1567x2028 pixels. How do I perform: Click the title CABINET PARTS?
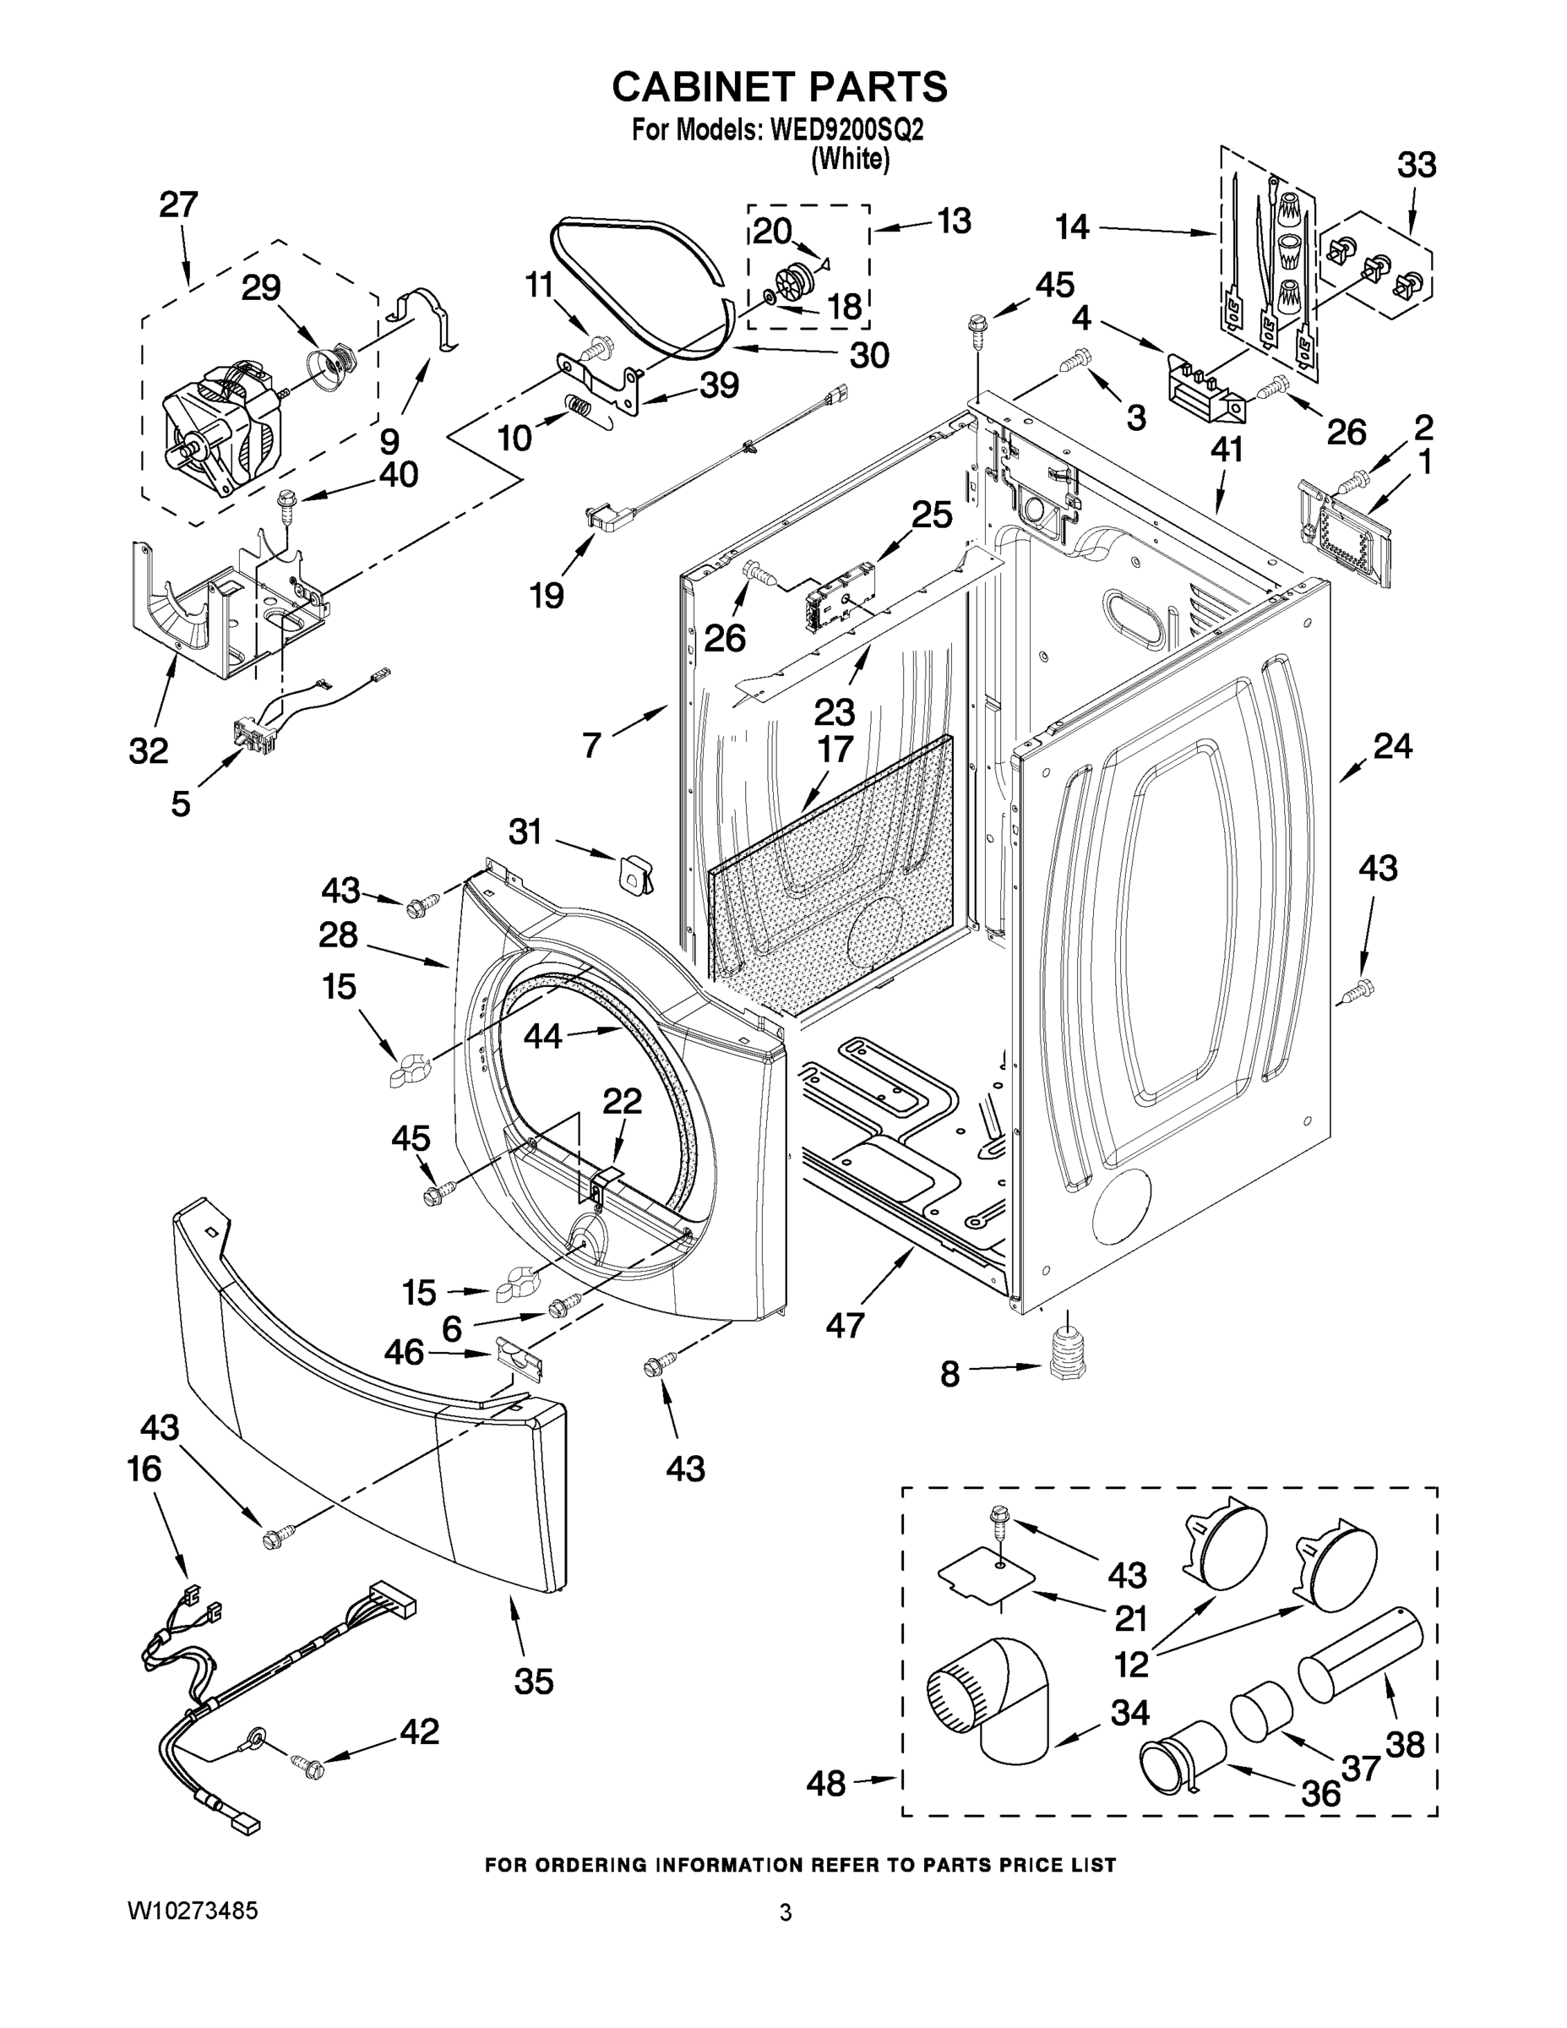[x=779, y=86]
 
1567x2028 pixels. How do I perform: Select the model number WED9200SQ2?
[x=846, y=130]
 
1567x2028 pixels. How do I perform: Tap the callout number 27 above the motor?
[x=178, y=204]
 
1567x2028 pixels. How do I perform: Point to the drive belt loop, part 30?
[x=640, y=279]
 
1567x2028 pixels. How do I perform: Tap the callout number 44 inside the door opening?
[x=542, y=1035]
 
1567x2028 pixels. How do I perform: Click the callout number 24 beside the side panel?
[x=1392, y=744]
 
